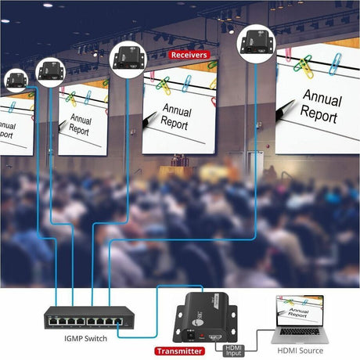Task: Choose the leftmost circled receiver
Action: (x=16, y=80)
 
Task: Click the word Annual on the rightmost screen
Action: (x=321, y=100)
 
